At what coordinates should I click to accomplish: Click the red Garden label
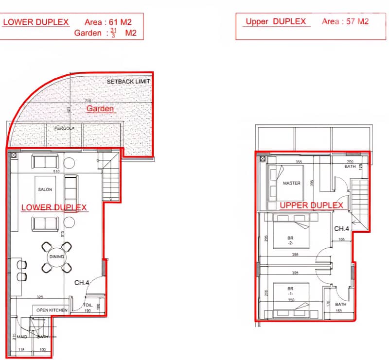click(x=100, y=108)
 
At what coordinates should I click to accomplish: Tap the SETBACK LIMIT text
click(x=128, y=82)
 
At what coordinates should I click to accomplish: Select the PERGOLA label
click(x=63, y=129)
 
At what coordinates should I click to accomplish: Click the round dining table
click(x=56, y=257)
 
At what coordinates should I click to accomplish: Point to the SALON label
click(x=45, y=189)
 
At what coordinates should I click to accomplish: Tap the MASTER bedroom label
click(x=291, y=183)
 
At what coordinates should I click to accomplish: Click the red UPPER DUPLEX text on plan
click(x=311, y=206)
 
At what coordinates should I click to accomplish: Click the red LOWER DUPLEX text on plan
click(x=54, y=207)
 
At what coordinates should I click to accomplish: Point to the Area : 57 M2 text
click(x=345, y=22)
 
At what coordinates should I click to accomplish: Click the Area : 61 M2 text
click(x=107, y=22)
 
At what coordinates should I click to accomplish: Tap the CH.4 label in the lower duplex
click(x=81, y=282)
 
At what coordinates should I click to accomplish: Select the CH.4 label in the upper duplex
click(x=341, y=228)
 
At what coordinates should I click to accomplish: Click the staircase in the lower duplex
click(x=111, y=182)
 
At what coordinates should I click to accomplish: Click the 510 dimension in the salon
click(x=57, y=171)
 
